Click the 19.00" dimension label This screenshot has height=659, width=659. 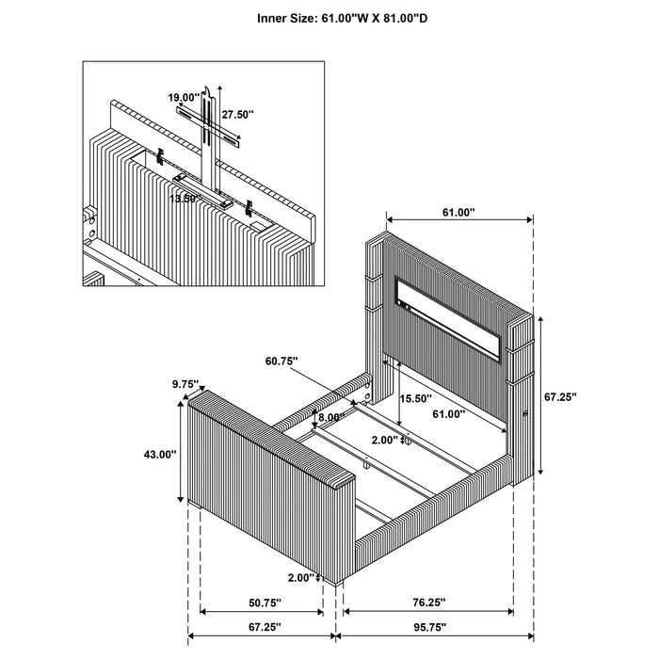coord(183,97)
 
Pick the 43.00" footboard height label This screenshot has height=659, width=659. coord(160,454)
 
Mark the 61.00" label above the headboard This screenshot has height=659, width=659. coord(458,214)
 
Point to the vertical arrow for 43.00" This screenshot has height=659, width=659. coord(180,450)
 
